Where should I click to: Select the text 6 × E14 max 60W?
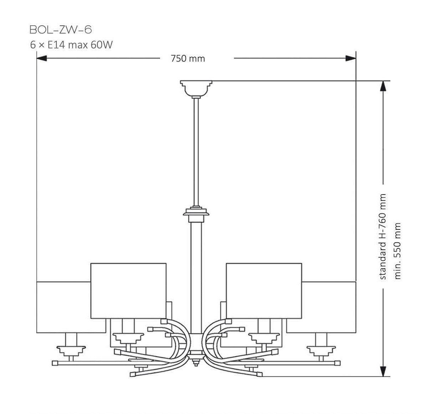pyautogui.click(x=71, y=45)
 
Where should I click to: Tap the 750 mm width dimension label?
pyautogui.click(x=188, y=58)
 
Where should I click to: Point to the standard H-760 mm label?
pyautogui.click(x=383, y=237)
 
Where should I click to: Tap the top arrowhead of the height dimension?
pyautogui.click(x=383, y=86)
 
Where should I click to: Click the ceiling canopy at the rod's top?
pyautogui.click(x=196, y=88)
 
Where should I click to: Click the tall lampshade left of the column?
pyautogui.click(x=128, y=290)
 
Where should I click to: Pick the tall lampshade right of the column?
pyautogui.click(x=264, y=290)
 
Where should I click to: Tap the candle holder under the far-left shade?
pyautogui.click(x=71, y=347)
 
